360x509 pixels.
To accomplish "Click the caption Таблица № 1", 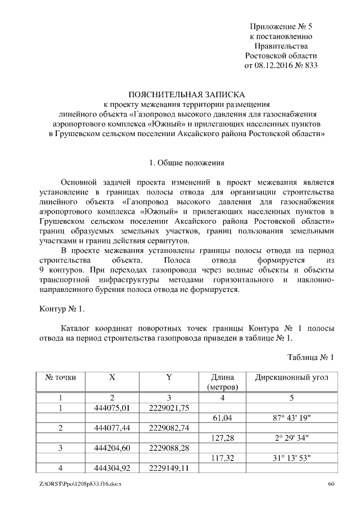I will pyautogui.click(x=310, y=357).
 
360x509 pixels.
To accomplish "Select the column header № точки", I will pyautogui.click(x=60, y=377).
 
